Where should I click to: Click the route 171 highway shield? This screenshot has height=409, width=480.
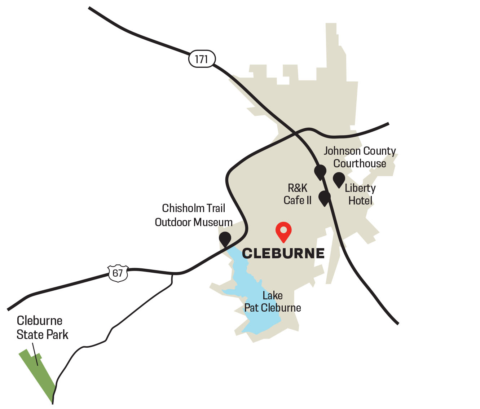[x=202, y=58]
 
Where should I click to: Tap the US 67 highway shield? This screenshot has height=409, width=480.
[x=118, y=273]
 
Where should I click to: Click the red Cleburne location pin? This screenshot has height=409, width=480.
[x=283, y=231]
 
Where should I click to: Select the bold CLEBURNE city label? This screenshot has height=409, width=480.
[x=283, y=254]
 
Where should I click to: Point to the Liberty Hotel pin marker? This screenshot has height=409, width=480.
[x=339, y=179]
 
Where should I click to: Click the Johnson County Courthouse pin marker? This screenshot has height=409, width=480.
[x=320, y=172]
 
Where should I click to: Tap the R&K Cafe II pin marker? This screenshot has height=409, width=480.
[x=325, y=198]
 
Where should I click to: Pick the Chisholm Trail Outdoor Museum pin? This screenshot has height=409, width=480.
[x=225, y=239]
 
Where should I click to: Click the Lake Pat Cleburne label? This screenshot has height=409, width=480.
[x=273, y=302]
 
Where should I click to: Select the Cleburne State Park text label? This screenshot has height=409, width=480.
[x=42, y=327]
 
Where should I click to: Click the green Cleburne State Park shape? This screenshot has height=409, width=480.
[x=38, y=375]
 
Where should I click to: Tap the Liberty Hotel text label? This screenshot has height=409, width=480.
[x=360, y=194]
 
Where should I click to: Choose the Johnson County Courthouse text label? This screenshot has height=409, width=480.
[x=360, y=157]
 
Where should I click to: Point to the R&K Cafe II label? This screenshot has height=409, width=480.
[x=298, y=194]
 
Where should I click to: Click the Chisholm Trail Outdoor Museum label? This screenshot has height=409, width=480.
[x=194, y=215]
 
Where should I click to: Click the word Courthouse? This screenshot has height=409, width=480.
[x=360, y=163]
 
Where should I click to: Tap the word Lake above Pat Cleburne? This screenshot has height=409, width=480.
[x=273, y=296]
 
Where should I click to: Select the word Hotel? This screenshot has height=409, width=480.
[x=360, y=201]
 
